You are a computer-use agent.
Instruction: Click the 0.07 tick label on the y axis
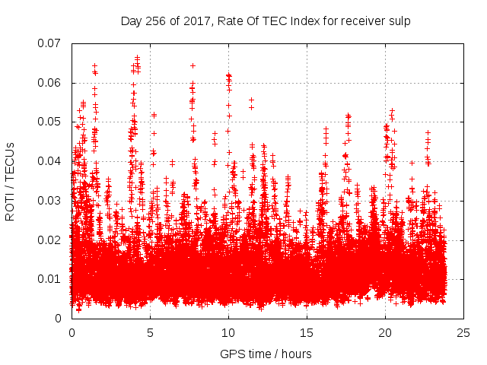tap(51, 43)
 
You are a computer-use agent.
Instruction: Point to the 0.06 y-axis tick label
tap(51, 83)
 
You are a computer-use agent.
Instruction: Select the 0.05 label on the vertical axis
tap(51, 122)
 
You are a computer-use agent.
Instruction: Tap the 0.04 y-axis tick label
tap(51, 161)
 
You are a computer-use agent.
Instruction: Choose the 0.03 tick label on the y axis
tap(51, 201)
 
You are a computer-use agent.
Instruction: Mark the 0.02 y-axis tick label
tap(51, 240)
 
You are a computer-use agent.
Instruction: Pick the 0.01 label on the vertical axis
tap(51, 279)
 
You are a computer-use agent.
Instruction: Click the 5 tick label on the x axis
tap(150, 333)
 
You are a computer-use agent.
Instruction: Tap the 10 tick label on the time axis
tap(228, 333)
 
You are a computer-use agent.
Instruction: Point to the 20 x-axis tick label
tap(385, 333)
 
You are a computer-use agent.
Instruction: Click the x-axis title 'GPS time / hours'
tap(266, 354)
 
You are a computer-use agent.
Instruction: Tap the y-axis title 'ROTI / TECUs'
tap(11, 181)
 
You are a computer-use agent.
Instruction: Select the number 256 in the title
tap(157, 21)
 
